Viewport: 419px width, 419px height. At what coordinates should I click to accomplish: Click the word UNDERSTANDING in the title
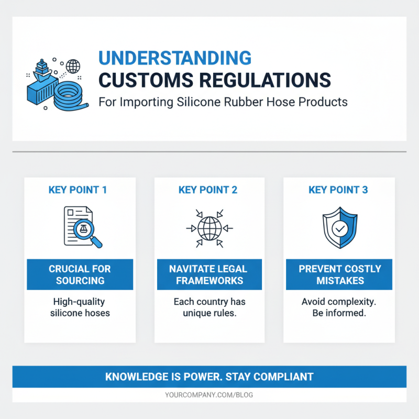175,57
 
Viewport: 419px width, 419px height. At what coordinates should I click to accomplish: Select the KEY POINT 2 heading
208,190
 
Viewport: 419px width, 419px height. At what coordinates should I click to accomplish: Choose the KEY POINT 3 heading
338,190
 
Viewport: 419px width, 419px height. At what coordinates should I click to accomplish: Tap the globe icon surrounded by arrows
209,228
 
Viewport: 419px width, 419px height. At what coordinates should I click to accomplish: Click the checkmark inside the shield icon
339,229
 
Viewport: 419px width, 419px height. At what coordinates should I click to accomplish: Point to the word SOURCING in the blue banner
80,280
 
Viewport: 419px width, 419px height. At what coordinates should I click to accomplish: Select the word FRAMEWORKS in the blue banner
209,280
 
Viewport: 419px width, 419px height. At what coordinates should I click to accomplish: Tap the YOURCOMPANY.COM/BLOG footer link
209,395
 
